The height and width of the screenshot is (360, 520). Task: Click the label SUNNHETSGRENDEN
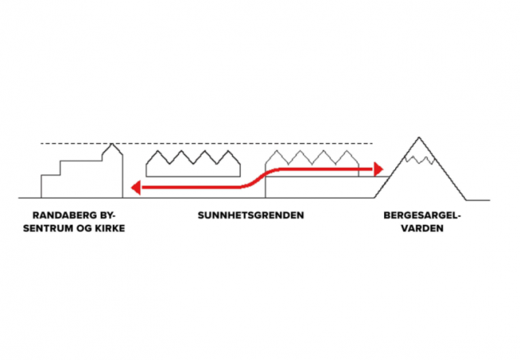250,215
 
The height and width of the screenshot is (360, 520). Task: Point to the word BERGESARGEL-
422,215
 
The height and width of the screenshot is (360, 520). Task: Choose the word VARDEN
422,228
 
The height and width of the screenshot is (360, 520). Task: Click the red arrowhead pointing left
136,188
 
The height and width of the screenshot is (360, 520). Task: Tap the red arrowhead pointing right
378,169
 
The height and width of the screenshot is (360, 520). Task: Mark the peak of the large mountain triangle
419,137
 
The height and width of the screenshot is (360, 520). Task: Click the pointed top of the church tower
112,144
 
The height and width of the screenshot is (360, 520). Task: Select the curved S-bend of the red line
260,178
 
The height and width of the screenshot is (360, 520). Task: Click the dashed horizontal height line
206,143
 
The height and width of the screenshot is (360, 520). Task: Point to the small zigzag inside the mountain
419,159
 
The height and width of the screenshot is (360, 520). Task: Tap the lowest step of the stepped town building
50,175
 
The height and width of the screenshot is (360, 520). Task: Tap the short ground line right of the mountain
478,200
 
